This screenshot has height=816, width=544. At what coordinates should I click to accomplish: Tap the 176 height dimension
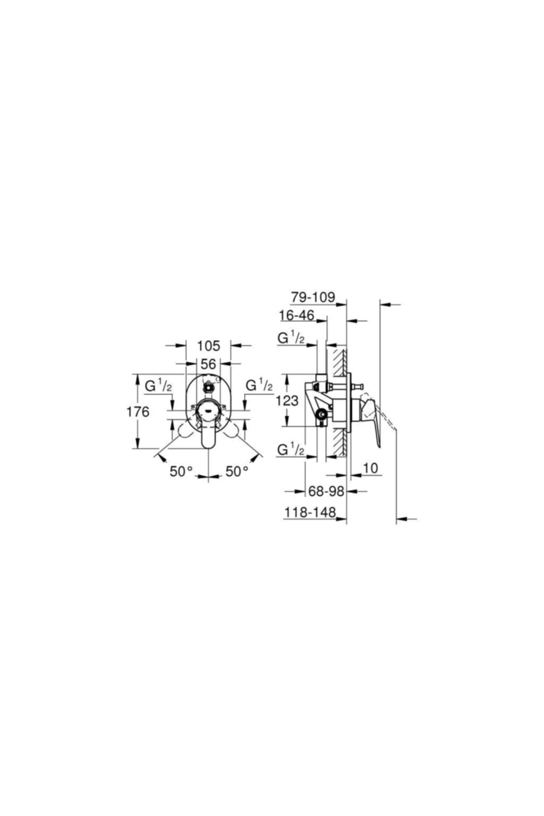[x=138, y=412]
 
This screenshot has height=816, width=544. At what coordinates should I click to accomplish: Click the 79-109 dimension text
[x=313, y=297]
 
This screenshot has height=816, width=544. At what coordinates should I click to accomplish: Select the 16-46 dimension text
[x=296, y=315]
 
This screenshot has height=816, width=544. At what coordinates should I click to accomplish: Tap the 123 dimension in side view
[x=287, y=401]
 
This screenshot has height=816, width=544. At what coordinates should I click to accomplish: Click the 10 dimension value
[x=370, y=468]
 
